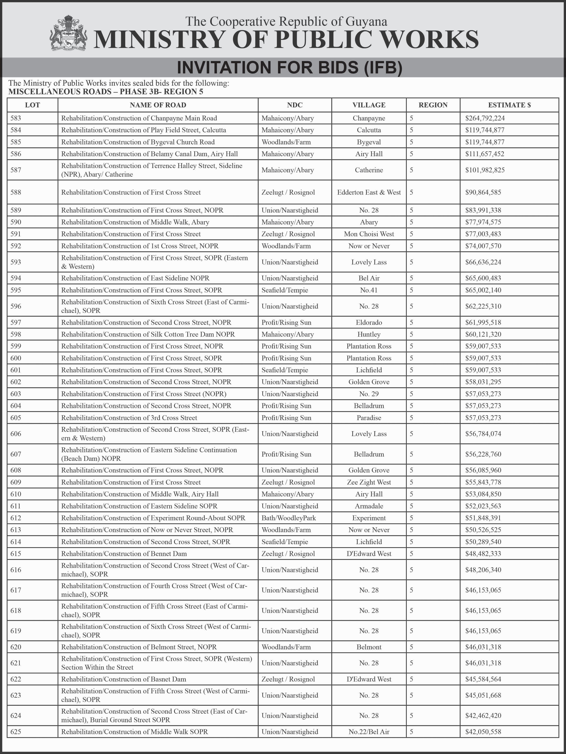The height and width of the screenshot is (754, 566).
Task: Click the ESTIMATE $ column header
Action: point(509,105)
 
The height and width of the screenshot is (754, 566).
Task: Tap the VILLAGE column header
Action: point(369,105)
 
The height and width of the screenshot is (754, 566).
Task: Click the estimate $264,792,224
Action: point(485,118)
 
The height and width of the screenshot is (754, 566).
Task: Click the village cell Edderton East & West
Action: point(369,192)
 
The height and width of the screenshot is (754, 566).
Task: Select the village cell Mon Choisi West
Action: point(369,234)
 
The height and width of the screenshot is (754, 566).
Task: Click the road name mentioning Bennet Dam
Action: point(124,554)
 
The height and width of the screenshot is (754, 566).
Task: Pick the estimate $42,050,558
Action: point(483,732)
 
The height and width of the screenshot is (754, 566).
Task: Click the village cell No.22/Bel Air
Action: point(369,732)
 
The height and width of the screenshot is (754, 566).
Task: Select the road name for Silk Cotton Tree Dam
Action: point(148,334)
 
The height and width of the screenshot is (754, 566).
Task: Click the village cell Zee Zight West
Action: point(369,482)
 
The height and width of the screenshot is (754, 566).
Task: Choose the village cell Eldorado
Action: point(369,322)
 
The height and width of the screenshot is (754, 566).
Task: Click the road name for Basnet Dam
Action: point(123,679)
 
